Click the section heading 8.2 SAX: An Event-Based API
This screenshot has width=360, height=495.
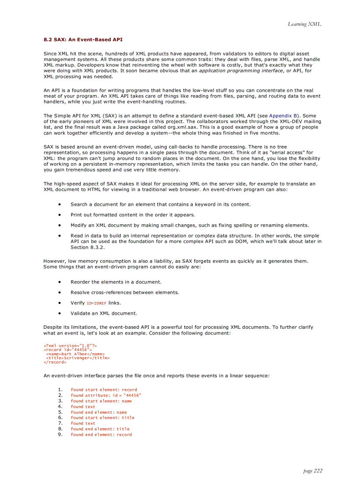click(83, 40)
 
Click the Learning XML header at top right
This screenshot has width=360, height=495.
click(304, 24)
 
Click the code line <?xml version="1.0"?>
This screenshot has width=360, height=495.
click(70, 346)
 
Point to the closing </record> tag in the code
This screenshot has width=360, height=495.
click(55, 362)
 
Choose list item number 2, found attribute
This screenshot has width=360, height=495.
click(106, 395)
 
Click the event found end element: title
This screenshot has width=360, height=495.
click(100, 429)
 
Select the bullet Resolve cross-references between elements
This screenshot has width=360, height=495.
click(124, 293)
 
